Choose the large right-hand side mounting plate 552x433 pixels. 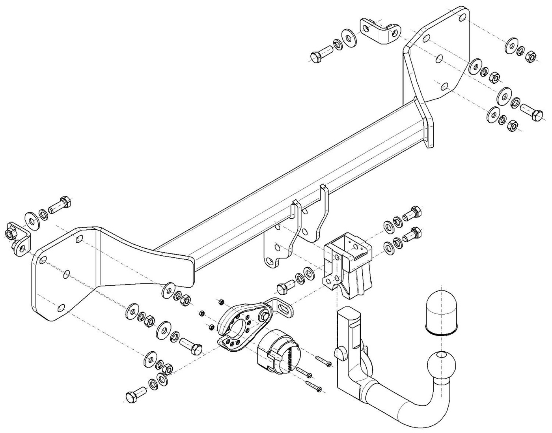click(x=438, y=59)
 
